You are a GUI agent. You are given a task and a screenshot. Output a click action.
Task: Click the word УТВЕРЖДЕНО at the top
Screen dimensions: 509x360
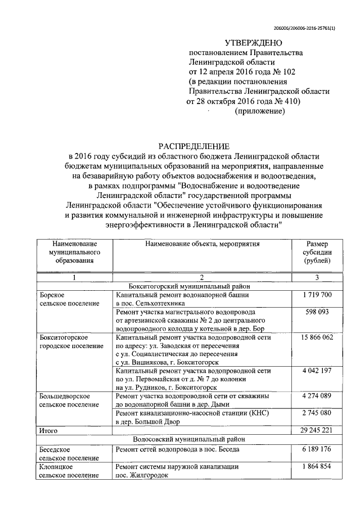pos(250,42)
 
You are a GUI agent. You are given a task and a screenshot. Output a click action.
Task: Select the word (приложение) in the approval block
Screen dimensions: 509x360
pos(259,111)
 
